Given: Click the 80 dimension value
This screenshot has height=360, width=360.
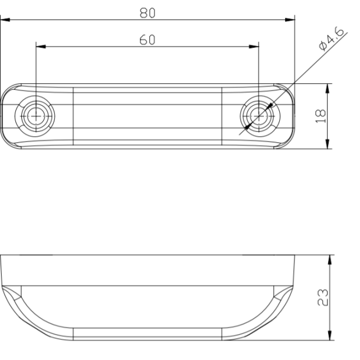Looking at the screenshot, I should coord(148,12).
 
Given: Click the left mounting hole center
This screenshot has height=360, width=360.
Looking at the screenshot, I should coord(36,115).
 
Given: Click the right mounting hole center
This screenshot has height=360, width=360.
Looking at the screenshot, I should coord(258,115).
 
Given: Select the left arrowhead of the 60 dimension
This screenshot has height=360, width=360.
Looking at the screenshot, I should coord(40,47).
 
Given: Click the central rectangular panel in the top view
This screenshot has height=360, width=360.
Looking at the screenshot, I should coord(148,115).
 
